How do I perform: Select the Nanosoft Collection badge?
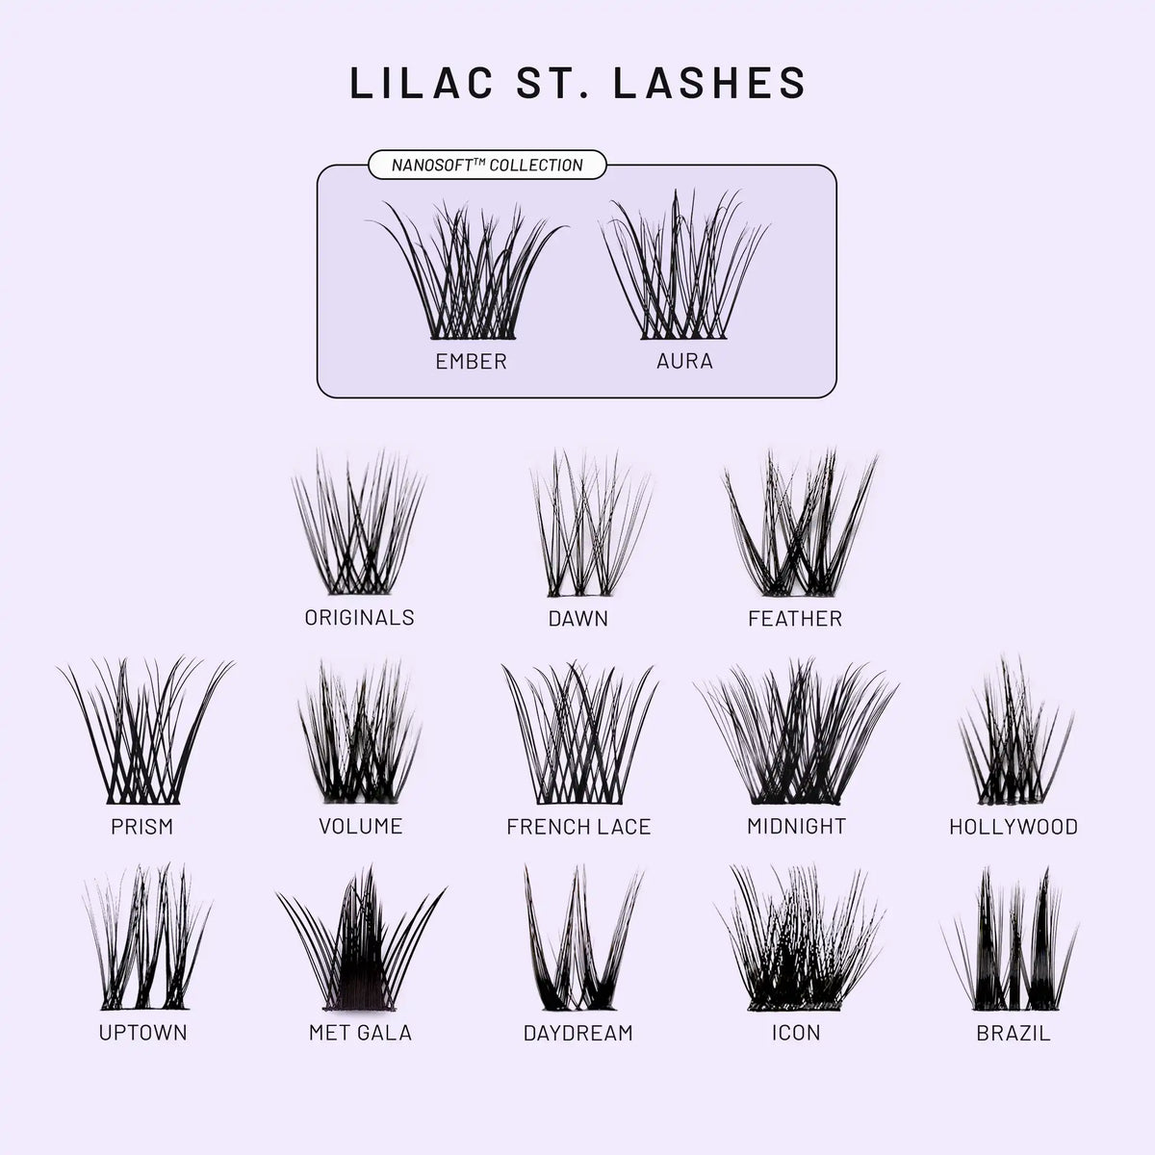pos(487,165)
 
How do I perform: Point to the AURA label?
pos(684,361)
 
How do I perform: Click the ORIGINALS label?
pos(360,617)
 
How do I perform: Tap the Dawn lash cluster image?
pos(590,523)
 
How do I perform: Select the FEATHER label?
pos(795,618)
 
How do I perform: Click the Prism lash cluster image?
pos(144,731)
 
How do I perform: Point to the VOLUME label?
pos(360,826)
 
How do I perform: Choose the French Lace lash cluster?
pos(579,732)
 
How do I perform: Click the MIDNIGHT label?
pos(796,826)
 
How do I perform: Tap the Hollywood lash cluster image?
pos(1015,730)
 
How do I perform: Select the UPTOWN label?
pos(142,1032)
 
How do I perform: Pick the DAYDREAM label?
pos(577,1033)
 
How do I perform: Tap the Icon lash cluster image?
pos(800,938)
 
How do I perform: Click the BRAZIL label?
pos(1014,1033)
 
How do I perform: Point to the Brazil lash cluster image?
pos(1011,938)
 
